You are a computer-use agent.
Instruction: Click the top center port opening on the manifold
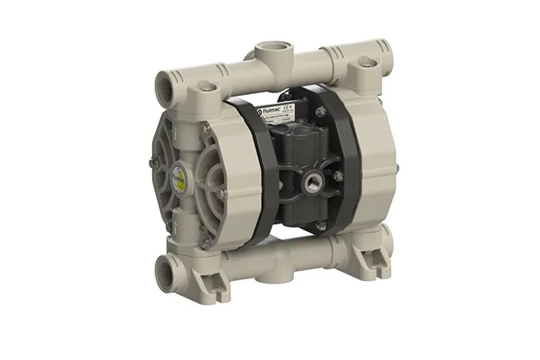(271, 48)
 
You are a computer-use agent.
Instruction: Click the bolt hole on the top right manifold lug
(364, 62)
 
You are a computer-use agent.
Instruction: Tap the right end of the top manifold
(385, 47)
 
